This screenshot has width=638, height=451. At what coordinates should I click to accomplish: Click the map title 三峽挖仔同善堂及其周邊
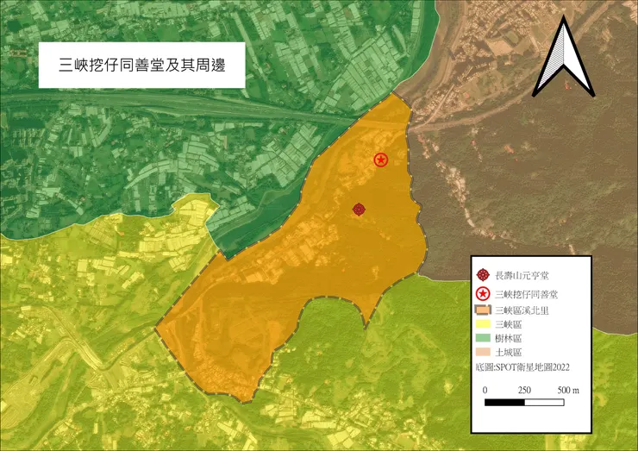point(141,65)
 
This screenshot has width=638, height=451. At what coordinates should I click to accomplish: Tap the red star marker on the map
point(380,160)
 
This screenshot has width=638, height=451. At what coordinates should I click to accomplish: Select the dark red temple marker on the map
point(360,209)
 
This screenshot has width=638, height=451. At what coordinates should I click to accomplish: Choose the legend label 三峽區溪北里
point(526,310)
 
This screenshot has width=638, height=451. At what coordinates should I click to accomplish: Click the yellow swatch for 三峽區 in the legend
point(483,324)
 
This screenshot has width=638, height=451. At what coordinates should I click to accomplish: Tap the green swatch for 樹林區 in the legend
point(483,338)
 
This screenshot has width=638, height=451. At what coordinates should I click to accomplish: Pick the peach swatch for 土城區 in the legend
point(483,353)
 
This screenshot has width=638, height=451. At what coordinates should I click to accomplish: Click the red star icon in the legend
point(483,294)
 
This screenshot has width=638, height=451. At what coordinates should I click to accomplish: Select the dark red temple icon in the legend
point(483,275)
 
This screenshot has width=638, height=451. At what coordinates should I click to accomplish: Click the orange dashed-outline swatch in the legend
point(483,310)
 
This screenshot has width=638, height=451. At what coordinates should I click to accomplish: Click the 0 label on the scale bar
point(485,390)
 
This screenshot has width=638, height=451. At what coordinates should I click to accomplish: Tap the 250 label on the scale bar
point(523,390)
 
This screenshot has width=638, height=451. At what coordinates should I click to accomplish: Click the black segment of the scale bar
point(505,402)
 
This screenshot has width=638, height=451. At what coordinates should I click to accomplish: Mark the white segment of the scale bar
point(544,402)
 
